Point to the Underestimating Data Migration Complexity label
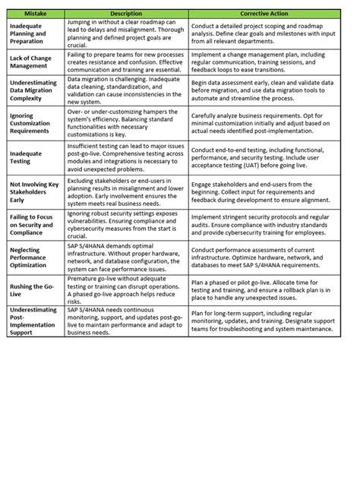pos(34,89)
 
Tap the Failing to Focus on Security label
pos(34,225)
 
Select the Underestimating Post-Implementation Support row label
pos(34,320)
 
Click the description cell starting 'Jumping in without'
pos(126,34)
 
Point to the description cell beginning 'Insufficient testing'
pos(126,157)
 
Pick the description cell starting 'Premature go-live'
pos(126,289)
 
